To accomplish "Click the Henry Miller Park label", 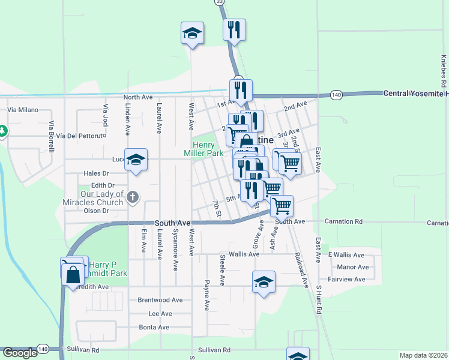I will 208,149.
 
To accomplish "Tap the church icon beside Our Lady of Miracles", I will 133,196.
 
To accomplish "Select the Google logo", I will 19,353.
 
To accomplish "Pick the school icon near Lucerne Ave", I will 136,160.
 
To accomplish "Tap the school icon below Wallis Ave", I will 264,282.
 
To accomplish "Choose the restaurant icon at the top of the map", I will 234,29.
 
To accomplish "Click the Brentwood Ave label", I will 160,299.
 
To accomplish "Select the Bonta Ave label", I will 155,328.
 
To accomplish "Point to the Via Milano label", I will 23,110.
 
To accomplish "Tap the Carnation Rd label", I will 343,221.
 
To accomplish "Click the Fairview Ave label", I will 346,280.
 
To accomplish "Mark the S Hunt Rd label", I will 319,300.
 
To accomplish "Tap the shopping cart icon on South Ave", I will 282,206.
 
